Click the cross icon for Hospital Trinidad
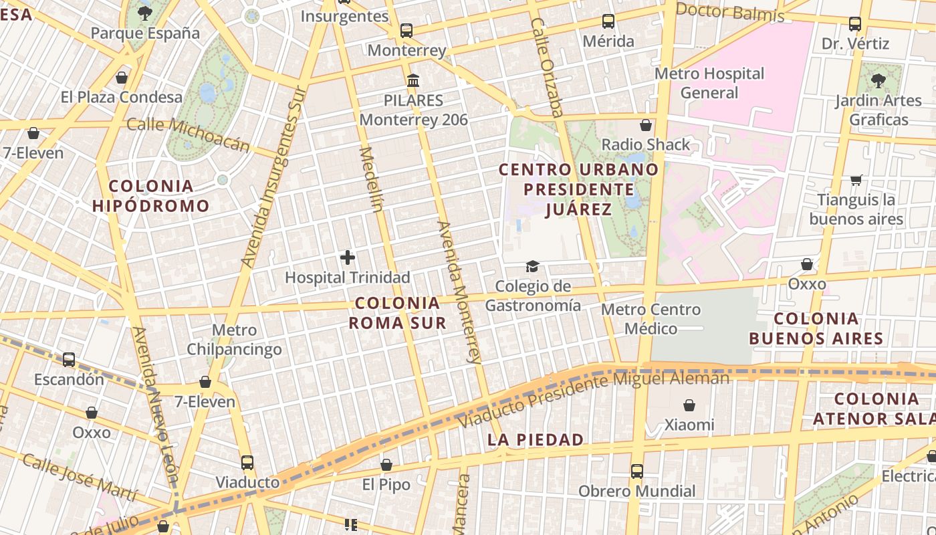348,257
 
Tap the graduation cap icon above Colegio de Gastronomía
532,267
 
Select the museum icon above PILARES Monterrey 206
413,81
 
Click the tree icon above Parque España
144,13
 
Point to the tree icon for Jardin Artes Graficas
879,81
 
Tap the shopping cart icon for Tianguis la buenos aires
856,180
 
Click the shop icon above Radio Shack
646,125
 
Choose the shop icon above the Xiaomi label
689,405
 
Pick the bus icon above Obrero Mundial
636,471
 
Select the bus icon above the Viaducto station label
247,463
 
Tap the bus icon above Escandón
69,360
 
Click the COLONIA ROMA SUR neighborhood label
398,313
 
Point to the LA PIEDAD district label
536,439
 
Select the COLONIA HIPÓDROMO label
151,196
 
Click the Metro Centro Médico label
651,319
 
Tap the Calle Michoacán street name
189,134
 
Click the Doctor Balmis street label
730,12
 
